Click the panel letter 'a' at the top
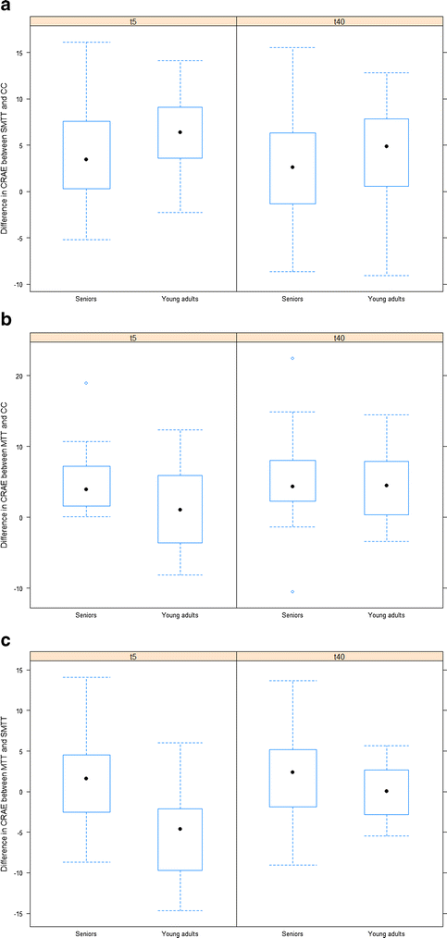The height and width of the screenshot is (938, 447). click(6, 6)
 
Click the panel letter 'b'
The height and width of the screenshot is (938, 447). click(6, 321)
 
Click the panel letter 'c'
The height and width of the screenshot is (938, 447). click(6, 638)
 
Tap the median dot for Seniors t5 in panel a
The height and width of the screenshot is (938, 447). click(86, 159)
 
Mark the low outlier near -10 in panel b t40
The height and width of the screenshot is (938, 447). click(292, 591)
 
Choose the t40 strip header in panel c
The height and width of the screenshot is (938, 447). click(340, 656)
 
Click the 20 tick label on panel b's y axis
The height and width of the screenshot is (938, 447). click(19, 376)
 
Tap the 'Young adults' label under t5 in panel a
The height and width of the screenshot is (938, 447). click(180, 299)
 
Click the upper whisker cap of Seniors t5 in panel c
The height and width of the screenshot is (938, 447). click(86, 677)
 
